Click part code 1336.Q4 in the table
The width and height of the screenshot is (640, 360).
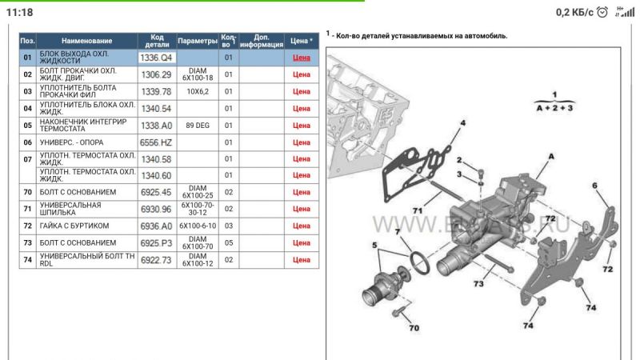(x=156, y=58)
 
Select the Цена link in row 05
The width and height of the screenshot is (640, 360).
(x=302, y=126)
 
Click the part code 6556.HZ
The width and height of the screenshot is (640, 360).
(x=156, y=142)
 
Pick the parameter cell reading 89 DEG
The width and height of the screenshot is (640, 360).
(x=197, y=126)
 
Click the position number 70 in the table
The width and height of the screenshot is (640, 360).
(x=27, y=192)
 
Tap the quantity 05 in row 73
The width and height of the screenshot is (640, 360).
(x=228, y=242)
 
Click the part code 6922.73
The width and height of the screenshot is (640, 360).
(x=156, y=259)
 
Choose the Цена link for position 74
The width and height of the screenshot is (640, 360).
(x=302, y=259)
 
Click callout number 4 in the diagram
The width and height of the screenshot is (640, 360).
(x=462, y=123)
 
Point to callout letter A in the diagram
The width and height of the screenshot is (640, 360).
(x=550, y=158)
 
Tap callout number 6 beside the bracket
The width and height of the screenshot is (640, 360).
(x=594, y=186)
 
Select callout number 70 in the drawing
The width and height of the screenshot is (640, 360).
(x=414, y=329)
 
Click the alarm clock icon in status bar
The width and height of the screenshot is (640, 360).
(x=602, y=12)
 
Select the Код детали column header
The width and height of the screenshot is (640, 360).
(x=156, y=41)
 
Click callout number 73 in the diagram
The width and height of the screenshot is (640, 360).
(x=478, y=285)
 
